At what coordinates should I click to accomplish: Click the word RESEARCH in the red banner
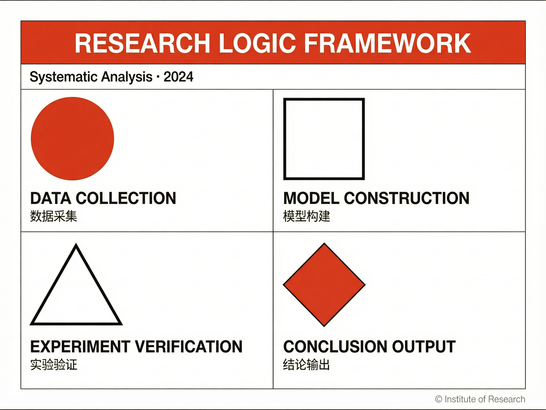(x=142, y=43)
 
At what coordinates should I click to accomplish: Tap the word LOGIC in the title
(x=257, y=43)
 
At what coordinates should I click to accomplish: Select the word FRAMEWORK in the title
(x=388, y=43)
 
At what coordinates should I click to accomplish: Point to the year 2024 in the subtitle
(x=178, y=77)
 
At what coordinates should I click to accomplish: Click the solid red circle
(x=72, y=139)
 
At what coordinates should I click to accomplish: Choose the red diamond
(x=324, y=284)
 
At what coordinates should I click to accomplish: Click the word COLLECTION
(x=126, y=198)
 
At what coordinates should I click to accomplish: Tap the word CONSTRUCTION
(x=407, y=198)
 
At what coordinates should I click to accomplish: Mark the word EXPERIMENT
(x=80, y=346)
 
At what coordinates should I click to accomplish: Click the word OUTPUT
(x=424, y=346)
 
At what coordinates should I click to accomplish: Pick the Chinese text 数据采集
(x=54, y=216)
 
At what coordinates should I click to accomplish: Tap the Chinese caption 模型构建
(x=307, y=216)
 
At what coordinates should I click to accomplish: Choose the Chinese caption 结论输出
(x=306, y=364)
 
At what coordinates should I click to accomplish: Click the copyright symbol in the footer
(x=438, y=399)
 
